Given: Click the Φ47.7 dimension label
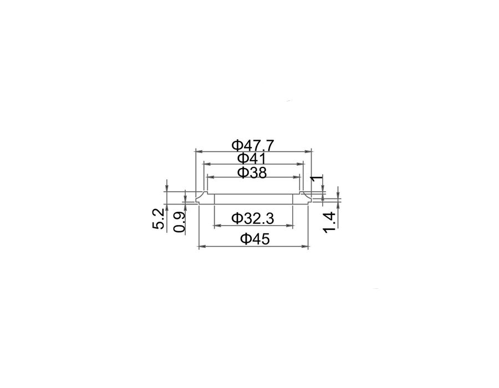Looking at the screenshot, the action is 253,146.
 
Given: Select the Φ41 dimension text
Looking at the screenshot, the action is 252,158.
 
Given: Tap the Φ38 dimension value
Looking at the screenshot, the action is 252,173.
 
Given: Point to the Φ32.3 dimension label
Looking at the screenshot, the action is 253,218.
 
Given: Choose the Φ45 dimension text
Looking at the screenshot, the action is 254,238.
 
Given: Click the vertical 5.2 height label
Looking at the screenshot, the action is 159,219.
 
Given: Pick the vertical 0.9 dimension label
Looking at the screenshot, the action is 180,222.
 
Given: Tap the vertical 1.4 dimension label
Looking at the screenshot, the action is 329,222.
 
